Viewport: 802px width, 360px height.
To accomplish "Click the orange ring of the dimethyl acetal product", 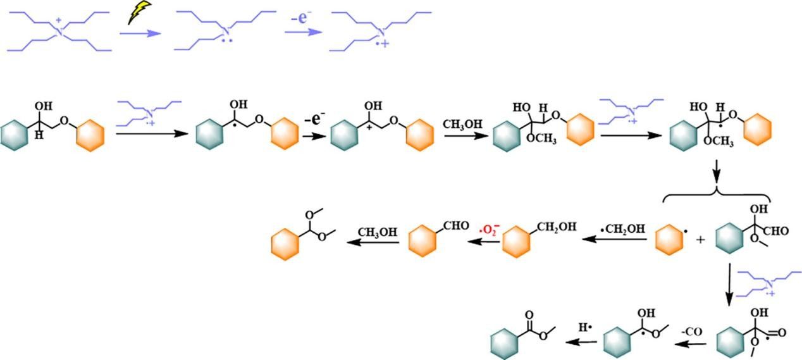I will pos(285,243).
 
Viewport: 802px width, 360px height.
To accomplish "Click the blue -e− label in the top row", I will pos(300,18).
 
